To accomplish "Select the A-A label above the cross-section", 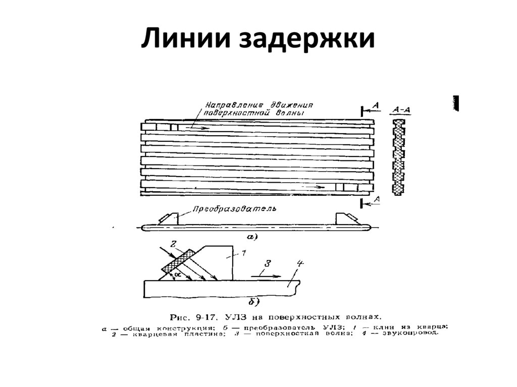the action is pos(400,109).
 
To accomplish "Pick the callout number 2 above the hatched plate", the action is pos(173,244).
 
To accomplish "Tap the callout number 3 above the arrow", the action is pos(268,262).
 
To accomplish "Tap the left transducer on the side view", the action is pos(169,218).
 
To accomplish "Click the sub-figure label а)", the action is pos(251,236).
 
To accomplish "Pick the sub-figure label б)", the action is pos(253,302).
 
